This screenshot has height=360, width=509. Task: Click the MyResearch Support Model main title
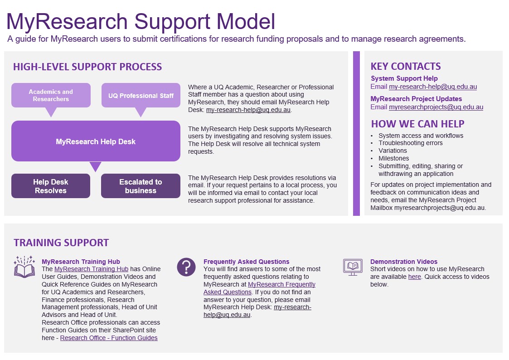tap(141, 21)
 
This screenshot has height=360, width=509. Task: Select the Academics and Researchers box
tap(51, 95)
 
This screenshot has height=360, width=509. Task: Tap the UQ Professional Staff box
tap(141, 96)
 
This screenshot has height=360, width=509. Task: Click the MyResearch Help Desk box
tap(96, 141)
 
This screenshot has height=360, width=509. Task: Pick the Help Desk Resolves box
tap(51, 186)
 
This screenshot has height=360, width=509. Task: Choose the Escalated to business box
tap(141, 186)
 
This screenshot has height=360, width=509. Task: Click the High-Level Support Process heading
tap(87, 67)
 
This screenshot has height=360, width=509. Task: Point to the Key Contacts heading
tap(405, 66)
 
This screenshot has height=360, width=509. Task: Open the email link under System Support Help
tap(432, 87)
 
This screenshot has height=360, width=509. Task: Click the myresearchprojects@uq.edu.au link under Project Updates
tap(436, 107)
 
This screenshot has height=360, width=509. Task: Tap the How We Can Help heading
tap(417, 124)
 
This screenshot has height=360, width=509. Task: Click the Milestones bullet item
tap(393, 158)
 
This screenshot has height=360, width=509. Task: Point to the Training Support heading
tap(61, 243)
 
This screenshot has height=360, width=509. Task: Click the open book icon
tap(24, 267)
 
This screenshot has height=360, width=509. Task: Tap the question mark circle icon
tap(186, 267)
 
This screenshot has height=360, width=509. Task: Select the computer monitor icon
tap(353, 267)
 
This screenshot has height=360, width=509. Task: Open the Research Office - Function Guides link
tap(109, 338)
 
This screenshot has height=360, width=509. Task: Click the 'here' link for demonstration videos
tap(414, 277)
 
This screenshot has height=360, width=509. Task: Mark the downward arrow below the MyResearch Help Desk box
tap(95, 166)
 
